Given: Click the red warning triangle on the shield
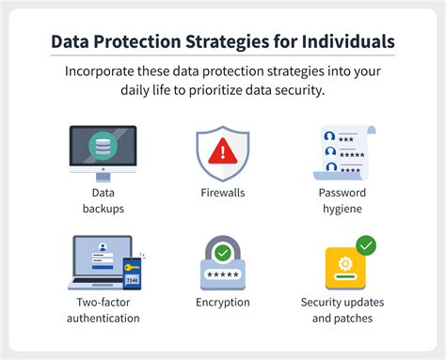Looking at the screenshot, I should (223, 150).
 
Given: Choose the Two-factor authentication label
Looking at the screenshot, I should (103, 309).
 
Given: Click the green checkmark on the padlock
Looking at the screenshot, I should (223, 252).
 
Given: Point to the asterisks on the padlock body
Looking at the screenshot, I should (223, 274).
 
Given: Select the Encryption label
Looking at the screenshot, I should (224, 303).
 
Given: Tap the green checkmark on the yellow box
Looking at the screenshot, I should (366, 245).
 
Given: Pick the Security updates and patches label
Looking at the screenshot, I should (343, 309).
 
